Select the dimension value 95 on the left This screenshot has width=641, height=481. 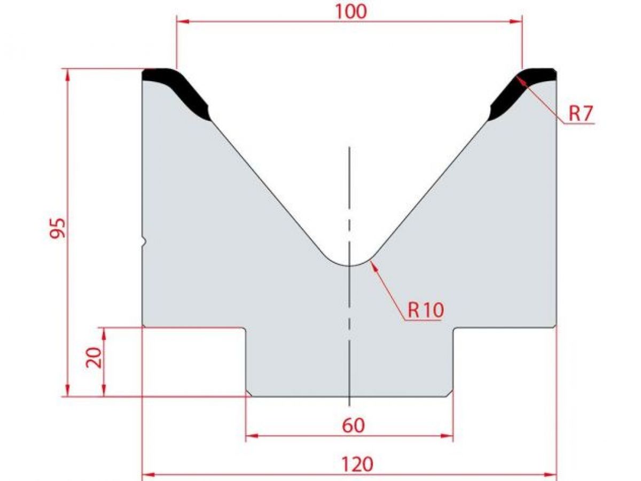(x=58, y=228)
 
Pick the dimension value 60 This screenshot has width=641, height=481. (x=353, y=425)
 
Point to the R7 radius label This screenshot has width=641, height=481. (x=581, y=113)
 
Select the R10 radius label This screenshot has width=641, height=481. (x=426, y=309)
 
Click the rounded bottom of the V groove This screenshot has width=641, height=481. (x=349, y=264)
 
